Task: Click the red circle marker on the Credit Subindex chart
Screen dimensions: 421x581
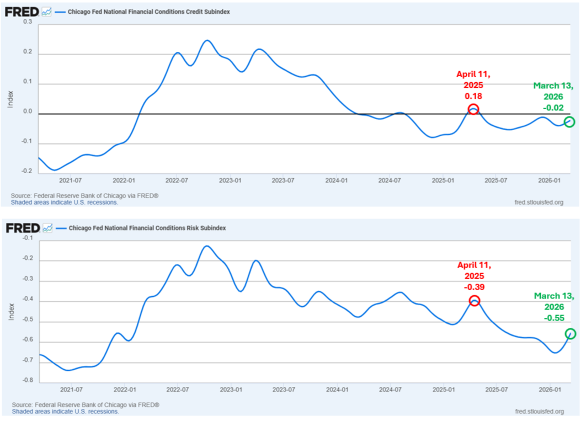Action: (x=473, y=109)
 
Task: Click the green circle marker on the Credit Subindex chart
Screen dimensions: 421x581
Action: (x=569, y=122)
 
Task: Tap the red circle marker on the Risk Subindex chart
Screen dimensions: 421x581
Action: (x=475, y=301)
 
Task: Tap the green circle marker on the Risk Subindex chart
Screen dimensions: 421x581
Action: (x=571, y=334)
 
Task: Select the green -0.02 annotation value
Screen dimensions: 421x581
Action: (x=553, y=107)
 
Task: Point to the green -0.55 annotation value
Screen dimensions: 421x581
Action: (x=553, y=318)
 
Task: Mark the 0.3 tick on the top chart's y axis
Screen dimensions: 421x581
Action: (x=28, y=22)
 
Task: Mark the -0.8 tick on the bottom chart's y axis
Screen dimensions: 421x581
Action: (x=27, y=381)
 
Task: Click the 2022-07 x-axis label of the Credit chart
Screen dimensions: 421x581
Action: (x=177, y=180)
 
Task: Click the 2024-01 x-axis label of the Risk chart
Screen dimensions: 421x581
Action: (x=337, y=389)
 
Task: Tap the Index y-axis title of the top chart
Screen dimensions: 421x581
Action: (x=10, y=97)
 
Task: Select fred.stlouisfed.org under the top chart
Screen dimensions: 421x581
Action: (x=539, y=202)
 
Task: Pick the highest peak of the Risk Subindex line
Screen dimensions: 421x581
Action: (x=206, y=246)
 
